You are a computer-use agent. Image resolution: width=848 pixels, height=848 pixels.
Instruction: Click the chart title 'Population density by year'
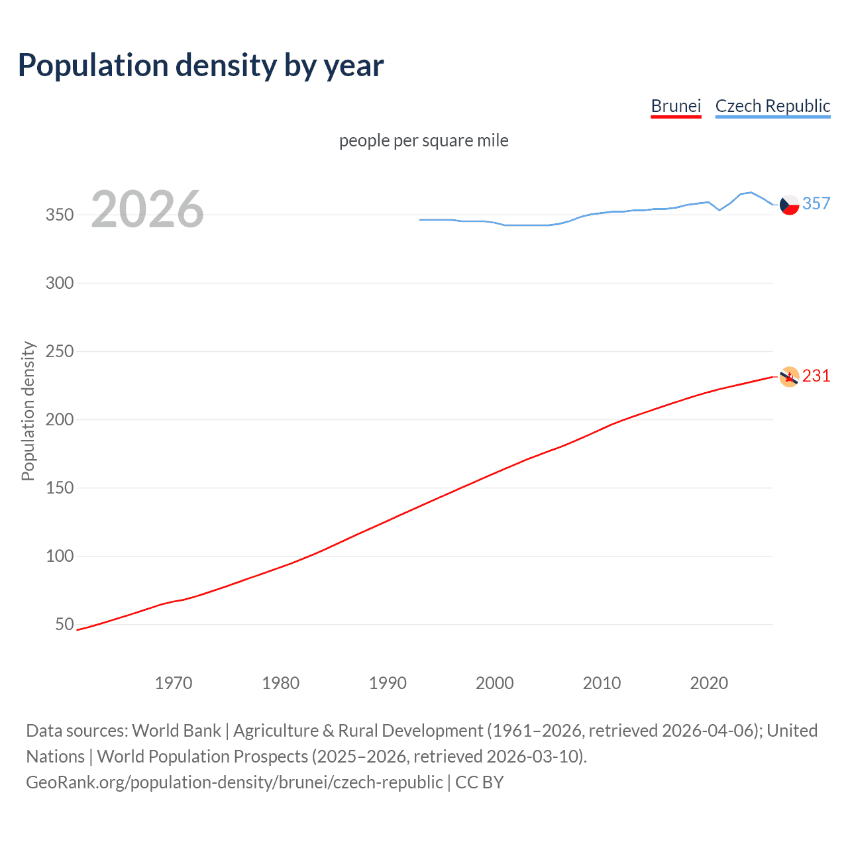(201, 66)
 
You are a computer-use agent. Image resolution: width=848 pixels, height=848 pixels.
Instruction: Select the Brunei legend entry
(676, 106)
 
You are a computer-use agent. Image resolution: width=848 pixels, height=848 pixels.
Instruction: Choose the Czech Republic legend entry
(772, 106)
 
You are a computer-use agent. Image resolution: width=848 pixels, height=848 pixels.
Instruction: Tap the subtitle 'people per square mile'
(423, 140)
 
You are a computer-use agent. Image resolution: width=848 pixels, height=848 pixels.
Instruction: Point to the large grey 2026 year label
(147, 209)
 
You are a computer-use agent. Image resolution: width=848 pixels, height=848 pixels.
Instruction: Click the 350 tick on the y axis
(60, 215)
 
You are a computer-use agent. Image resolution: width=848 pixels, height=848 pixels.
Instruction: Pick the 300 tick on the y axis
(60, 283)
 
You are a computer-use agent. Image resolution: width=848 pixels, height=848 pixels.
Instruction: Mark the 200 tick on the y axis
(60, 419)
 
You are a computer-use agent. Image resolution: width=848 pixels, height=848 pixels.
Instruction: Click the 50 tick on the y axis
(64, 624)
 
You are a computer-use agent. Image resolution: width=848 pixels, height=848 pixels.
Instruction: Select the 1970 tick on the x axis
(174, 683)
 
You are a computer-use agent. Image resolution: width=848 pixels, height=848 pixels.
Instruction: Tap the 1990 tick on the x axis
(388, 683)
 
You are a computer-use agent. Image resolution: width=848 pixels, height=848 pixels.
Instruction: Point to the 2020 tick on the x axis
(709, 683)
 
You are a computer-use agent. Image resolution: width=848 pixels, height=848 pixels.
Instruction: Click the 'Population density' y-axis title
(28, 411)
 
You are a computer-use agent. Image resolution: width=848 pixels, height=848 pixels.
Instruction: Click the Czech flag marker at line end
(789, 205)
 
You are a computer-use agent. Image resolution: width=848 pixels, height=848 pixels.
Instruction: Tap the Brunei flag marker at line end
(789, 376)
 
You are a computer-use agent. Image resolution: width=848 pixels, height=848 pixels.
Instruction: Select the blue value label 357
(816, 203)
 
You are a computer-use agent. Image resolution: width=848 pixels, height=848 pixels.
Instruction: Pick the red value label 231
(816, 376)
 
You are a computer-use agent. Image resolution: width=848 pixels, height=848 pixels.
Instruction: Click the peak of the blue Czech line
(750, 192)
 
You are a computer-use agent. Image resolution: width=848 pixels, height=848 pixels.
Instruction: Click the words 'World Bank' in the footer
(176, 730)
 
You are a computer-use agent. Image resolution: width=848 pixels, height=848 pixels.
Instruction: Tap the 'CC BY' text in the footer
(479, 782)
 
